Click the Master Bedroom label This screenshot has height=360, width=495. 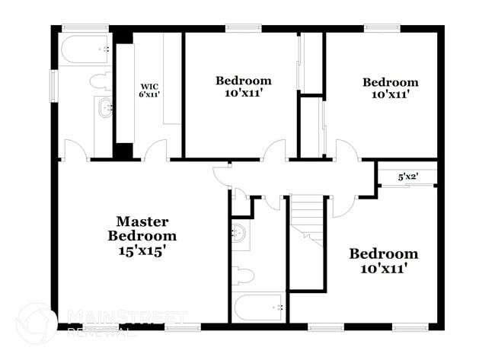tap(142, 229)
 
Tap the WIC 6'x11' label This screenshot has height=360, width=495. tap(149, 90)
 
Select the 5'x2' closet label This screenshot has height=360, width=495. tap(408, 177)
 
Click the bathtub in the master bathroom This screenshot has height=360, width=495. tap(85, 49)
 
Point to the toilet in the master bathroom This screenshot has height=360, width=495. tap(101, 81)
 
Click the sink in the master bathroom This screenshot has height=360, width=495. tap(105, 108)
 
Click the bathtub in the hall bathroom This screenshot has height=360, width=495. tap(259, 307)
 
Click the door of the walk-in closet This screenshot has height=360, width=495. tap(156, 150)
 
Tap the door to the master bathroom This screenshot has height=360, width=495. tap(75, 150)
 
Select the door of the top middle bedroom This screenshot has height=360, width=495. tap(274, 150)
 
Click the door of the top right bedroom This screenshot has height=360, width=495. tap(346, 150)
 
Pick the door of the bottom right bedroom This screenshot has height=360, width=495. tap(344, 207)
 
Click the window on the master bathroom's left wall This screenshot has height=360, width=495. tap(54, 86)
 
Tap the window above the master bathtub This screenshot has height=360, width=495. tap(85, 28)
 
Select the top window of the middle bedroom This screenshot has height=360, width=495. tap(244, 28)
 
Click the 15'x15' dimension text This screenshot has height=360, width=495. tap(142, 251)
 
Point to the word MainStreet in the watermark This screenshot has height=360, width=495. tap(127, 317)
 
